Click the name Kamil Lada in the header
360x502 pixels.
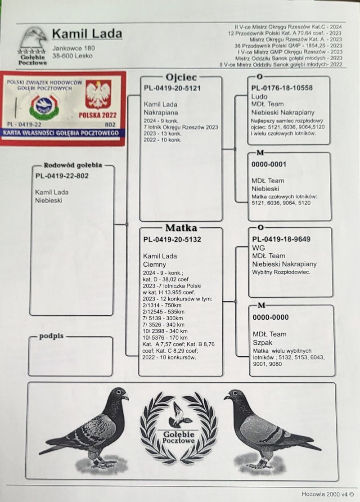[87, 34]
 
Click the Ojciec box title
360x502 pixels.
[181, 77]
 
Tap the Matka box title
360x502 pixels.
[181, 228]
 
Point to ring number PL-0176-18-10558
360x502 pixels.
[282, 88]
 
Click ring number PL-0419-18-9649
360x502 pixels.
[281, 239]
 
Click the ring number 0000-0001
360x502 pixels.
[269, 165]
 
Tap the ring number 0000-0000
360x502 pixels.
[270, 317]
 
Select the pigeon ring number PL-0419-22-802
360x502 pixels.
[62, 176]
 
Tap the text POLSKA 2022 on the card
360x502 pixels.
[98, 115]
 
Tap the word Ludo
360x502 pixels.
[259, 96]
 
